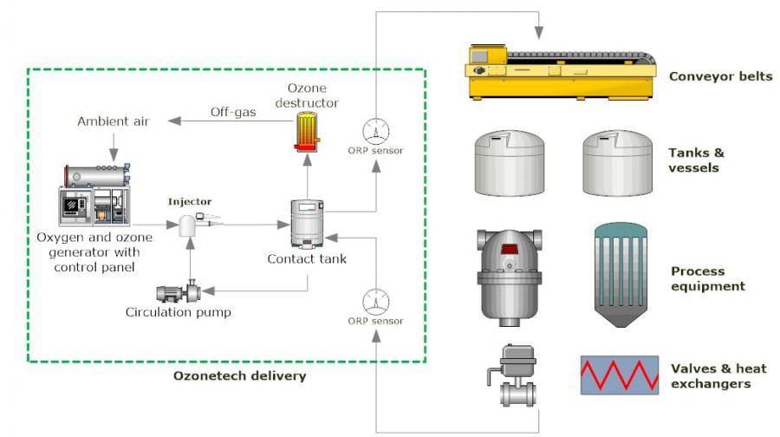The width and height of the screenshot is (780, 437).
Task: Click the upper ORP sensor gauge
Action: [x=374, y=130]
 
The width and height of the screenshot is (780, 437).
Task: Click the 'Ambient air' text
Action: [x=112, y=121]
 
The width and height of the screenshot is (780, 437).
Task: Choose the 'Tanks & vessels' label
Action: [x=696, y=160]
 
